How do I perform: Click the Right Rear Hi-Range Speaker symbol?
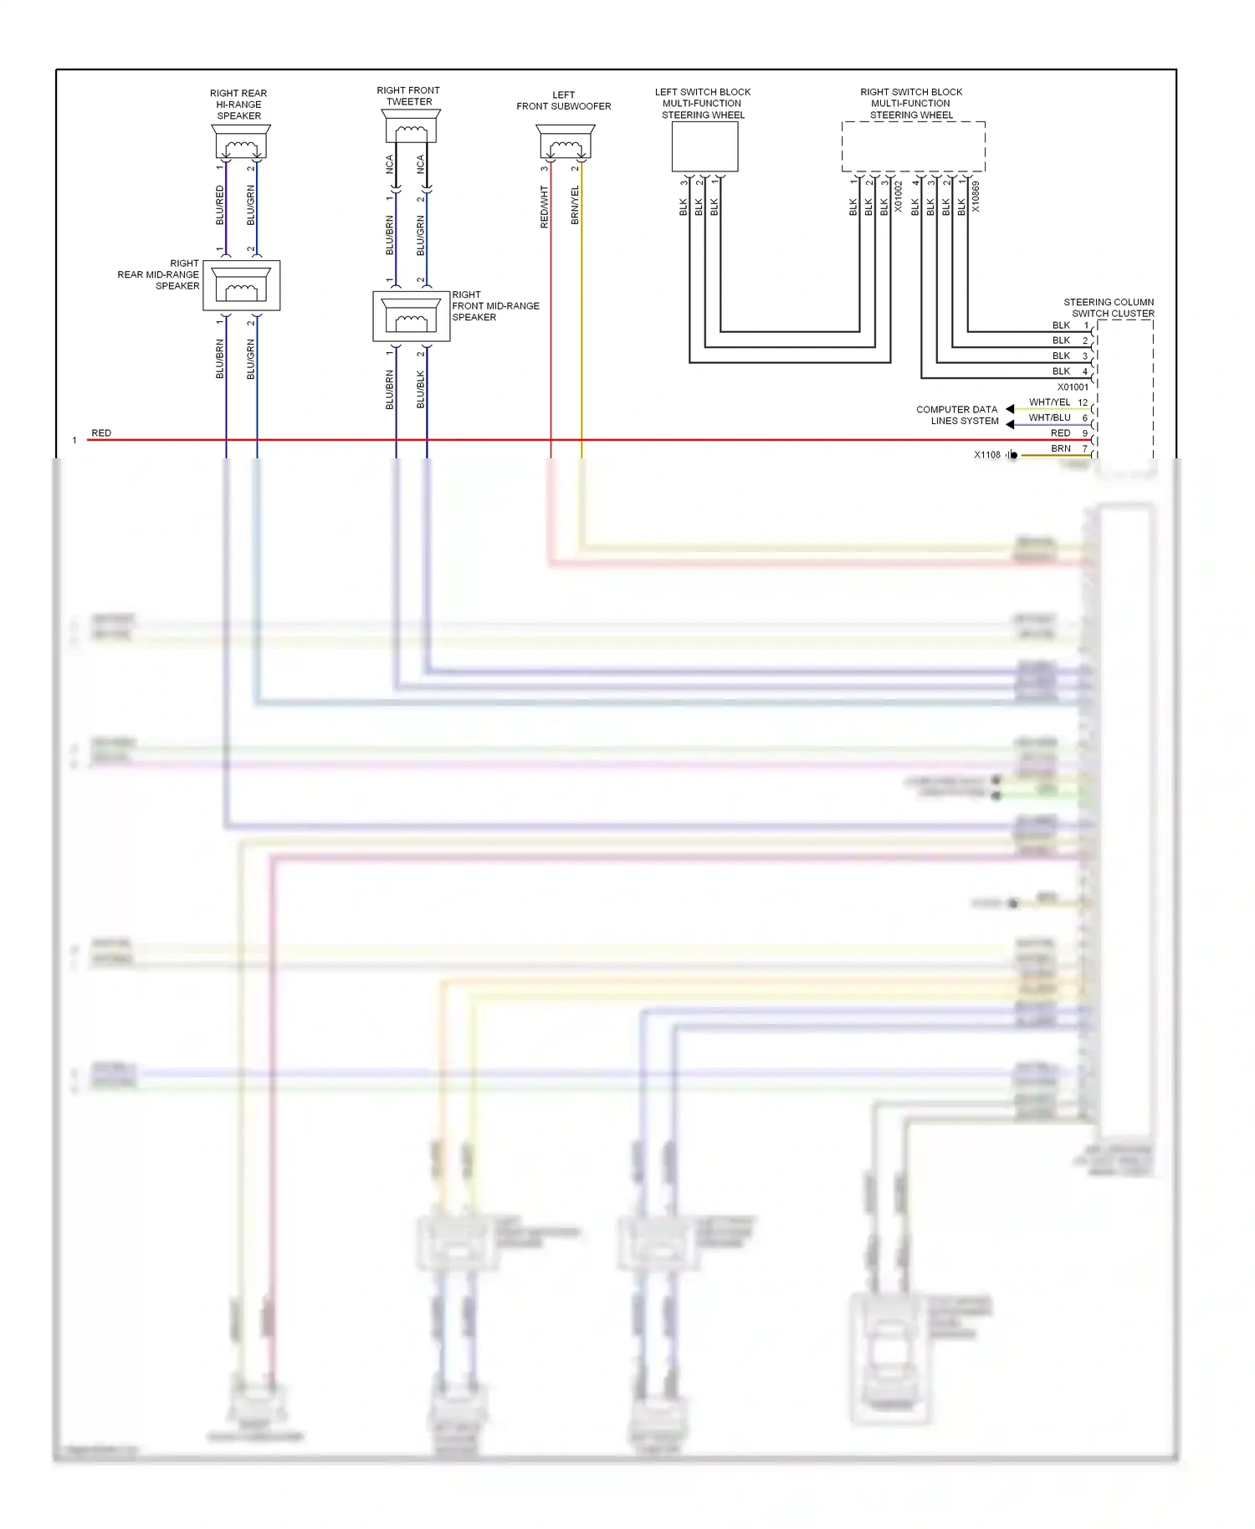click(241, 143)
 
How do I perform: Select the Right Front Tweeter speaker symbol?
click(410, 127)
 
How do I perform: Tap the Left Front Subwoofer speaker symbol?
click(566, 143)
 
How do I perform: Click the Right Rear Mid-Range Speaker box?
click(241, 286)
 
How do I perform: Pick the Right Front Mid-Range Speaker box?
click(411, 316)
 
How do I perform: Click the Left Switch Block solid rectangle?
click(704, 146)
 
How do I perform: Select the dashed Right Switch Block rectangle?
click(913, 146)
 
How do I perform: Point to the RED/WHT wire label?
click(545, 207)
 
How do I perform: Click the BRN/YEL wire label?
click(575, 206)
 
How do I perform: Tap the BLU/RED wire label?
click(220, 206)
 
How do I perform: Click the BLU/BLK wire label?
click(421, 390)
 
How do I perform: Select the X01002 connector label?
click(899, 197)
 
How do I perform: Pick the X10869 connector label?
click(976, 197)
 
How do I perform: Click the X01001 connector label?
click(1073, 387)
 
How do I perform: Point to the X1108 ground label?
click(987, 455)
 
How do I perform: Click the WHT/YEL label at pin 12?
click(1049, 402)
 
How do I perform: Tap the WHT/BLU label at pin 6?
click(1049, 417)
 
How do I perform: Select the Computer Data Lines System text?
click(957, 416)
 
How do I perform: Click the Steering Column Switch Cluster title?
click(1109, 308)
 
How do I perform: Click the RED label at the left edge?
click(101, 433)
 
